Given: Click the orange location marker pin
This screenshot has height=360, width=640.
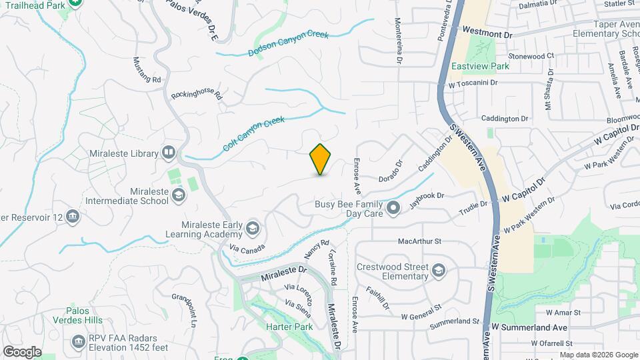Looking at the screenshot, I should [320, 159].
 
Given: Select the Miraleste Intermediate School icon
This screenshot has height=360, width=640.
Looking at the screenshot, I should [178, 195].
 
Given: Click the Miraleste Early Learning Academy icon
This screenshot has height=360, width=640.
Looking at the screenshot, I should [252, 229].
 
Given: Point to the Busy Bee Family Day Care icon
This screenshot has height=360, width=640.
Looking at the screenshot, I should [393, 209].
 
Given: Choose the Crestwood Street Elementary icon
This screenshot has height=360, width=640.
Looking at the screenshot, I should [438, 271].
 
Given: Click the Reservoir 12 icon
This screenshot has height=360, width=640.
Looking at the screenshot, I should [73, 217].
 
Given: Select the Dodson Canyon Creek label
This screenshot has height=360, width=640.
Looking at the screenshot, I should [289, 43].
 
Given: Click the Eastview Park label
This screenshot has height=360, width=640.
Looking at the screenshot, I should [480, 66].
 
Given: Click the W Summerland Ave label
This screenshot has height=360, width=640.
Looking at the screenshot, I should [530, 327].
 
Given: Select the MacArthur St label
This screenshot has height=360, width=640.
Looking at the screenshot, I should [419, 241].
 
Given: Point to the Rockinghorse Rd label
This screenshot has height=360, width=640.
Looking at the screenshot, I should [196, 95].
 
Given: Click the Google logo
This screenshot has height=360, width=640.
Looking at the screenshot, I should [22, 351].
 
